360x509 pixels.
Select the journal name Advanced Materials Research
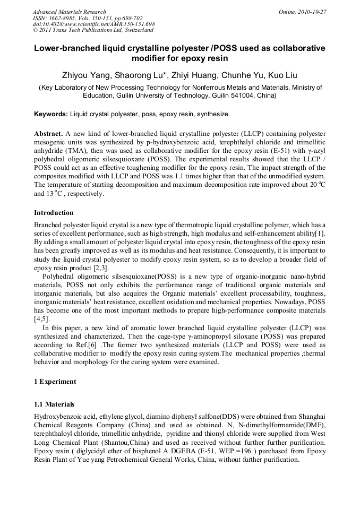pos(69,12)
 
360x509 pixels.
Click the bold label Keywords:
pos(51,114)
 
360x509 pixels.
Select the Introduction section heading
pos(54,213)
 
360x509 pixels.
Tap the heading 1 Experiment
pos(55,381)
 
